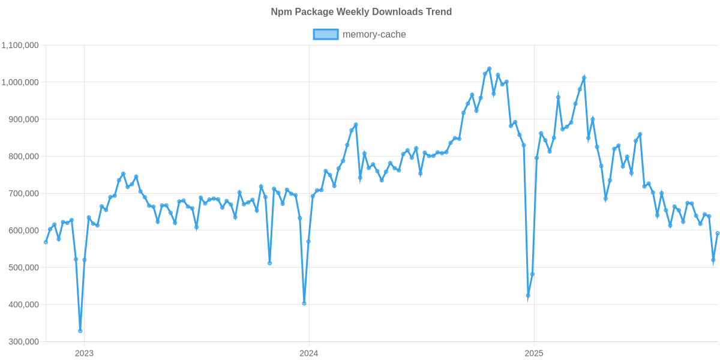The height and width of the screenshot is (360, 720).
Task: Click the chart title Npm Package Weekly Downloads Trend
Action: click(360, 12)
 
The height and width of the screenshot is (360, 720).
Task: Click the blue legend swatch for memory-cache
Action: click(325, 35)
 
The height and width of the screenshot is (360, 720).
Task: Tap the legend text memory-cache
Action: click(374, 35)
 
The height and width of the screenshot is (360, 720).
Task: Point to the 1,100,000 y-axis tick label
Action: click(21, 45)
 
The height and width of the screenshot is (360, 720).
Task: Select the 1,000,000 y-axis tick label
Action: click(21, 82)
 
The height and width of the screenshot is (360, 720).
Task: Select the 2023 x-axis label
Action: click(84, 353)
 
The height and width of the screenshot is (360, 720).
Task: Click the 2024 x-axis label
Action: click(308, 353)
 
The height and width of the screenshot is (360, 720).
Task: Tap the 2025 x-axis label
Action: click(533, 353)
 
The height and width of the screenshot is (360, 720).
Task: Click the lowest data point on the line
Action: click(80, 331)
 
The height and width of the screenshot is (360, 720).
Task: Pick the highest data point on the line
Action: click(489, 68)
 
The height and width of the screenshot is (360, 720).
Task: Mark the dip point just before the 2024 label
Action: click(304, 303)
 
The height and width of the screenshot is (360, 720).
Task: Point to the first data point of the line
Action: click(46, 242)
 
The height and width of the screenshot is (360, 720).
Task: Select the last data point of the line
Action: click(718, 233)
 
